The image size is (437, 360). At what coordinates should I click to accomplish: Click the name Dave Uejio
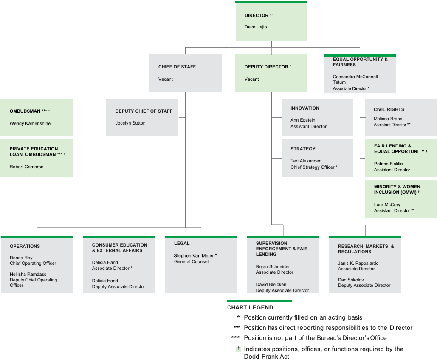[x=256, y=27]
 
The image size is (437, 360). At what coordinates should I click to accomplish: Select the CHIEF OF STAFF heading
[x=177, y=67]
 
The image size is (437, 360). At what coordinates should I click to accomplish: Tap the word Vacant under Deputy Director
[x=251, y=79]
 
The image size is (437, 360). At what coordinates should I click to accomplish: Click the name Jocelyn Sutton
[x=130, y=123]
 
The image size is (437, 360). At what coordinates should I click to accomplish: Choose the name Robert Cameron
[x=27, y=167]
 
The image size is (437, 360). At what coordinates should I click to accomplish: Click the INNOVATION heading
[x=304, y=108]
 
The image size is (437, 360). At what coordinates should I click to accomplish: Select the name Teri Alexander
[x=305, y=161]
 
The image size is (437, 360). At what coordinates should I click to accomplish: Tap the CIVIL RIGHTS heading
[x=389, y=109]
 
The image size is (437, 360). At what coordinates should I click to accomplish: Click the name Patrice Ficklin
[x=388, y=164]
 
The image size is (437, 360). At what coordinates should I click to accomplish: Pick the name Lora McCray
[x=387, y=205]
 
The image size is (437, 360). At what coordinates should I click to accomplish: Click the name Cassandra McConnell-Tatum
[x=356, y=79]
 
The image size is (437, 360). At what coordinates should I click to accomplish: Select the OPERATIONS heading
[x=25, y=246]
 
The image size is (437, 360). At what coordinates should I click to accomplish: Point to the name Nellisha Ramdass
[x=28, y=275]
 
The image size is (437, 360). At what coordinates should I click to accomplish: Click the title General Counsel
[x=191, y=262]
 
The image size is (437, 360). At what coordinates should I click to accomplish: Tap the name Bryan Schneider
[x=273, y=267]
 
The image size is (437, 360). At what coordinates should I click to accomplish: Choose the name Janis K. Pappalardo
[x=358, y=264]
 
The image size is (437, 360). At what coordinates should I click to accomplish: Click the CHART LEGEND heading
[x=250, y=307]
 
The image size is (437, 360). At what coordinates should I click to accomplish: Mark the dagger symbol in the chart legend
[x=239, y=349]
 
